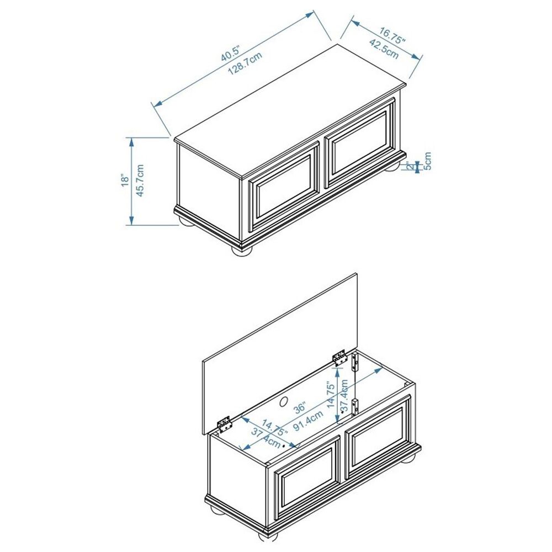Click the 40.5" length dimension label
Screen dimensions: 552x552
[x=230, y=53]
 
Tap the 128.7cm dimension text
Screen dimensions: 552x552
[x=245, y=63]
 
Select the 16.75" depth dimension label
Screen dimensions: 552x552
[x=392, y=35]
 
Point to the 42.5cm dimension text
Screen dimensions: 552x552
[x=384, y=49]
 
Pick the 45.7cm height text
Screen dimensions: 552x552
[x=140, y=181]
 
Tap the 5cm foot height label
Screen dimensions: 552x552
[x=427, y=161]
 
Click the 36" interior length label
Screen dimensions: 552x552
[x=300, y=408]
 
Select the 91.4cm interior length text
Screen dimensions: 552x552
[x=309, y=420]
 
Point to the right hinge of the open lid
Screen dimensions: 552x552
[x=339, y=358]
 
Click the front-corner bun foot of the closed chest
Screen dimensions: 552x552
[x=242, y=250]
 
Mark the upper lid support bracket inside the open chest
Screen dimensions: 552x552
[x=355, y=362]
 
